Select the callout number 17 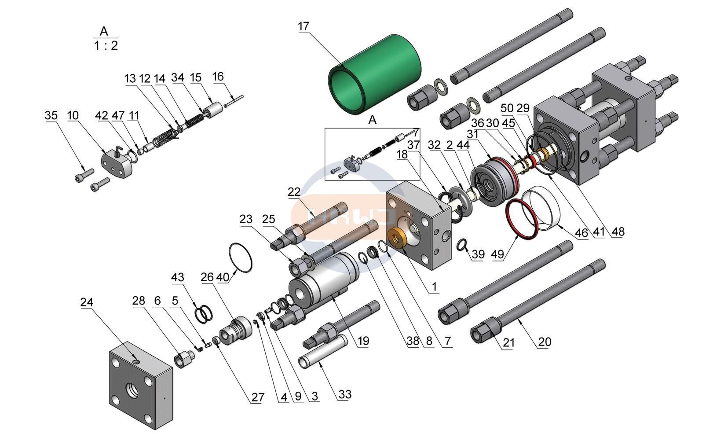303,26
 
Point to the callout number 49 497,254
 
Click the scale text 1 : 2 106,45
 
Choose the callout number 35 51,115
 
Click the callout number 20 545,342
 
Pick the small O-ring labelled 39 462,245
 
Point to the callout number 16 218,77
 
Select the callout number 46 581,232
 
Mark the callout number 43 178,277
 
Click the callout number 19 363,341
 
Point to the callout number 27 258,397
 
